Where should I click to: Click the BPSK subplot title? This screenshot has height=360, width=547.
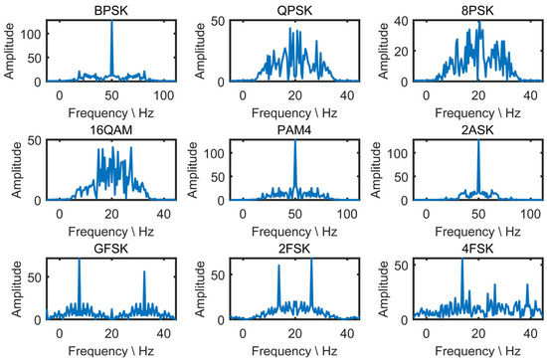(94, 9)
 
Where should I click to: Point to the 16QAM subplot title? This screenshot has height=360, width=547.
(94, 133)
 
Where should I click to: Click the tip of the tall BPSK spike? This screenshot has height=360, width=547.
(111, 21)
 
